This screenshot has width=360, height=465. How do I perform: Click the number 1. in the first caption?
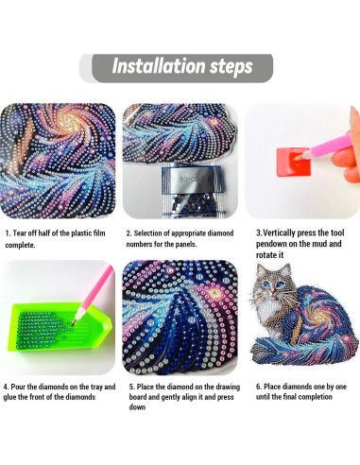(x=8, y=230)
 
